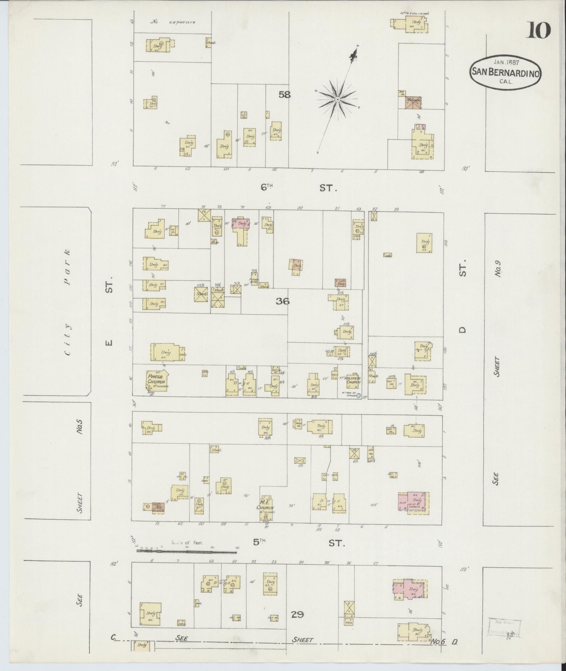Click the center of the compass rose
tap(337, 100)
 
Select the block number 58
tap(285, 94)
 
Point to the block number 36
tap(282, 301)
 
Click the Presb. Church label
tap(156, 378)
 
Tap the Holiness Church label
tap(352, 380)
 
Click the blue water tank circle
tap(358, 395)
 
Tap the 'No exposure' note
tap(173, 22)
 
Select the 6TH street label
tap(267, 188)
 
